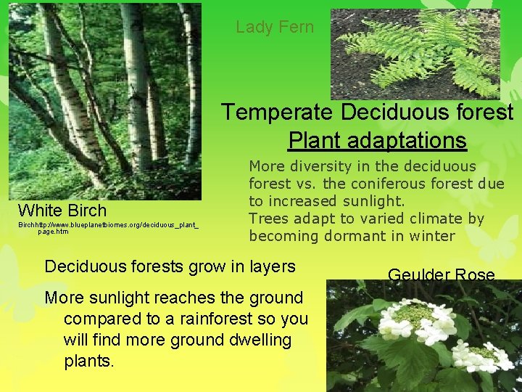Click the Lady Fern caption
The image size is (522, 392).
275,28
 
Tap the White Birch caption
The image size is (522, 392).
62,211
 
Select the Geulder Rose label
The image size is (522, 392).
441,275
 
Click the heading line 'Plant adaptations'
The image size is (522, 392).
377,139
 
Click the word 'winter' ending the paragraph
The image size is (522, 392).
432,236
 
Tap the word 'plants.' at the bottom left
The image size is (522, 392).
89,361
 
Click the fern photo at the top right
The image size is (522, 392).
415,54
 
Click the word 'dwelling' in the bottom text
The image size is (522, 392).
257,340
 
